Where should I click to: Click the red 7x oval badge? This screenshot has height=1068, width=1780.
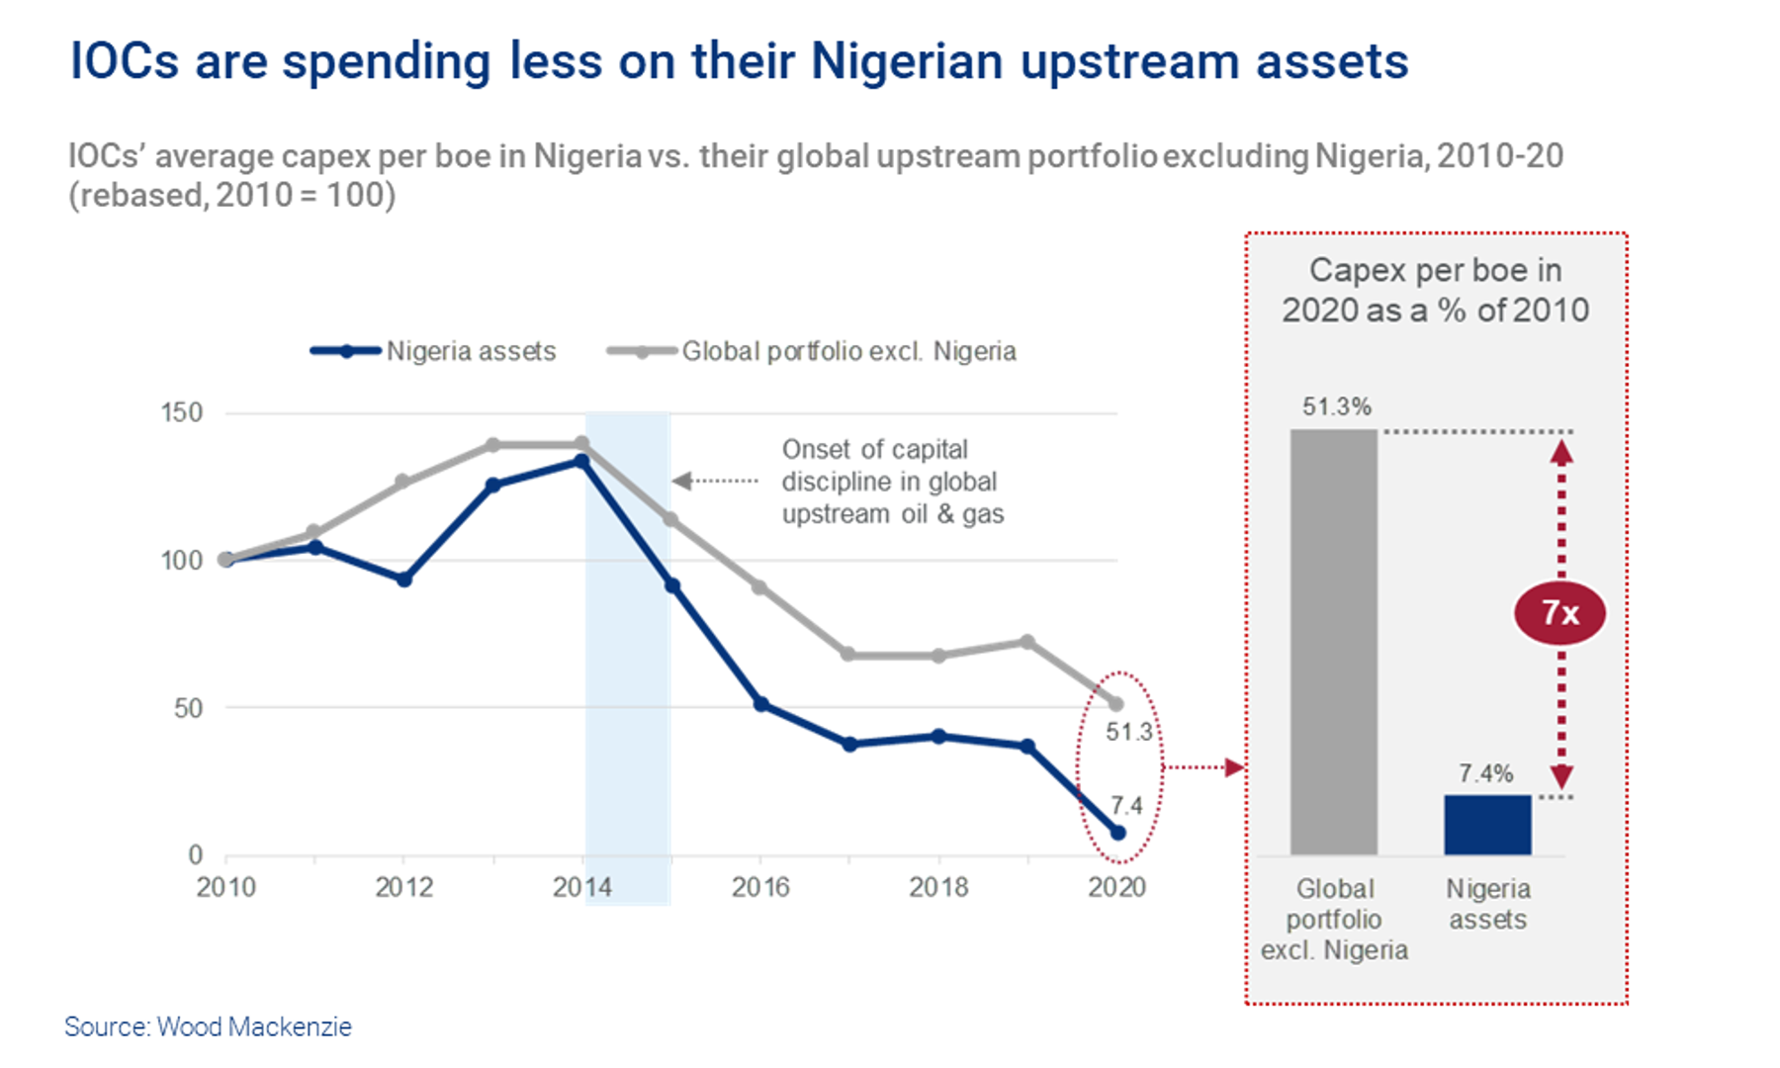click(1559, 613)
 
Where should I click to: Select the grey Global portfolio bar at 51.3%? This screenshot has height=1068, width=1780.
click(1333, 643)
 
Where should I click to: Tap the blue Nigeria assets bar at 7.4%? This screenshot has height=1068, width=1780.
click(1487, 825)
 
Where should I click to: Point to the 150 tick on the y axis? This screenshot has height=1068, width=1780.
click(182, 412)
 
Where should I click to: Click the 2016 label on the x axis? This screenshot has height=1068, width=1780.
click(760, 887)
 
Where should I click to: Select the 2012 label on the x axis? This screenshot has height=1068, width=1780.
click(403, 887)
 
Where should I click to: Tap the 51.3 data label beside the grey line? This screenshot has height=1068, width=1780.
click(1128, 732)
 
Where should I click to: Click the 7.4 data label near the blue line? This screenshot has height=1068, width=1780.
click(1125, 805)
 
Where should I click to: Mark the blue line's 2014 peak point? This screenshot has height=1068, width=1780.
click(581, 461)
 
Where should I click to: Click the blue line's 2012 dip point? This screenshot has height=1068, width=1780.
click(403, 579)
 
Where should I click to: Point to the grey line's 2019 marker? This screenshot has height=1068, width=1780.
click(1027, 642)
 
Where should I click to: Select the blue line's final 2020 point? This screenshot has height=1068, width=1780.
click(1117, 833)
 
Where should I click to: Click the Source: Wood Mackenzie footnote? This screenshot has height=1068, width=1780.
click(208, 1026)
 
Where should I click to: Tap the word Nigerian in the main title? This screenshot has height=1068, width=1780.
click(907, 61)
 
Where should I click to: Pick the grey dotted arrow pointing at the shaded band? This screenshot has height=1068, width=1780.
click(715, 481)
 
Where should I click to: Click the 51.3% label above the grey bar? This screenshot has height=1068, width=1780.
click(1336, 406)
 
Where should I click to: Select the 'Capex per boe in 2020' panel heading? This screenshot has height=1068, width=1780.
click(1435, 290)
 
